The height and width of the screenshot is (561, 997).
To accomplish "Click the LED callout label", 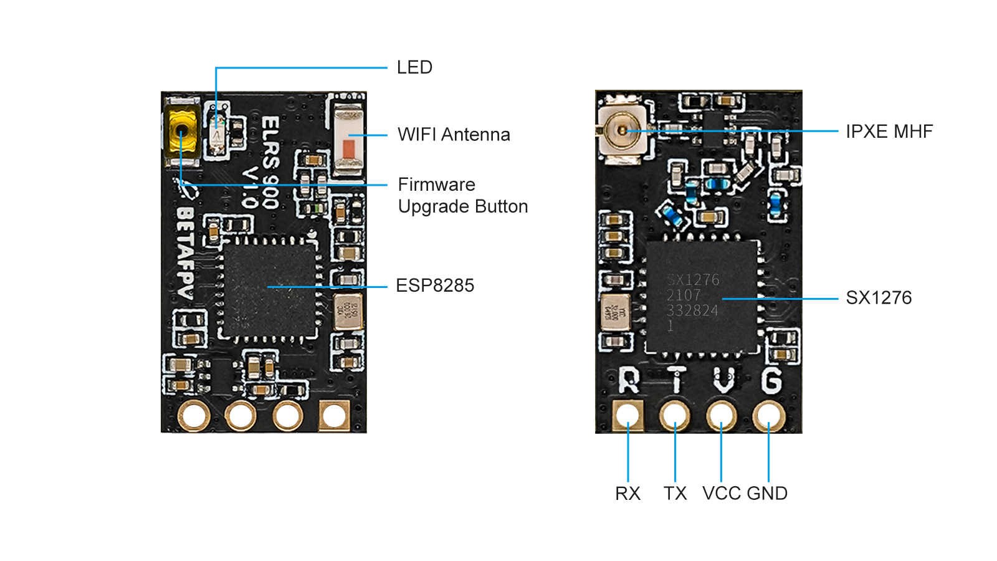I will pyautogui.click(x=414, y=67).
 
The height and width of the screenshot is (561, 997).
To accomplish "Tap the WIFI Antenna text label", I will pyautogui.click(x=454, y=135).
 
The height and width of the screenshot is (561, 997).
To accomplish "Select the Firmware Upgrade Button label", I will pyautogui.click(x=462, y=195).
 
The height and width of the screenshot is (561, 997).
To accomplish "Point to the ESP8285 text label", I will pyautogui.click(x=435, y=285).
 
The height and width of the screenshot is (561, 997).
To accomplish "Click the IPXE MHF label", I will pyautogui.click(x=889, y=132).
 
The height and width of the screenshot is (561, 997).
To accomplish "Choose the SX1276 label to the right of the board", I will pyautogui.click(x=879, y=298).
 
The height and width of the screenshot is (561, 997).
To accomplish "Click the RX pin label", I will pyautogui.click(x=627, y=494).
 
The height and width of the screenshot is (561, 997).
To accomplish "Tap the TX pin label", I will pyautogui.click(x=675, y=494).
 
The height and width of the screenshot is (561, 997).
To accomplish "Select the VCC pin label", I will pyautogui.click(x=722, y=494).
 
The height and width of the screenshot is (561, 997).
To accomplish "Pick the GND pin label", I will pyautogui.click(x=767, y=494).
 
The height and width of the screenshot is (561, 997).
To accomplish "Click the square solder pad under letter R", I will pyautogui.click(x=628, y=415).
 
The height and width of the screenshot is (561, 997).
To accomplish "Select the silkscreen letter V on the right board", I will pyautogui.click(x=723, y=380).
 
